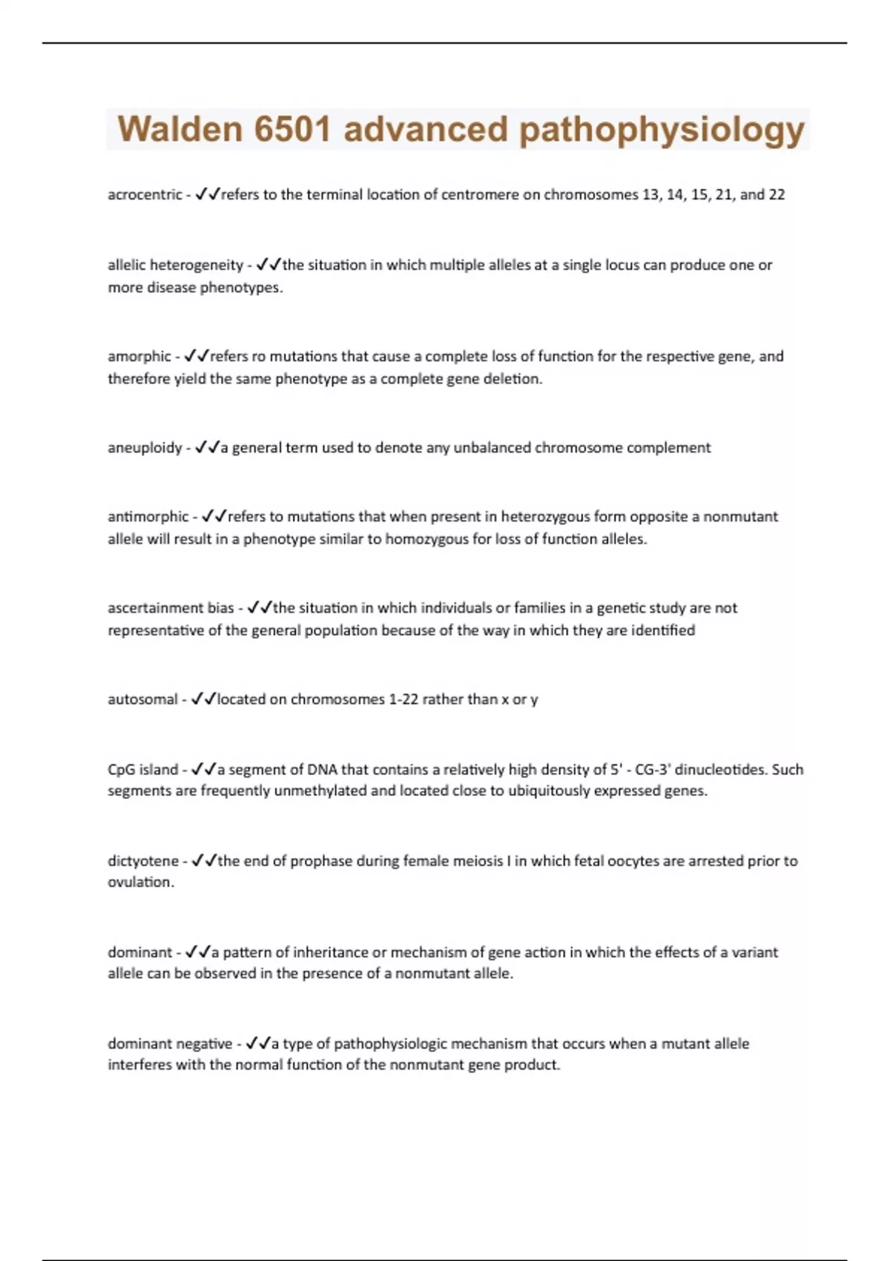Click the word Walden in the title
point(179,129)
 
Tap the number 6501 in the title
point(291,129)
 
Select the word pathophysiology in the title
point(662,131)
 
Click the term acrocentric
point(145,195)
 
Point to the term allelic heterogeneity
point(175,266)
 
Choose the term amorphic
point(139,357)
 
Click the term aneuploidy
point(145,448)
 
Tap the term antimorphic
point(148,517)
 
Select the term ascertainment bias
point(171,608)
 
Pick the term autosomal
point(143,699)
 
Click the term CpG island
point(143,770)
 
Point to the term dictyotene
point(143,861)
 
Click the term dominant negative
point(170,1044)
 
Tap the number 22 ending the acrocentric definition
point(777,195)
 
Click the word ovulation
point(140,882)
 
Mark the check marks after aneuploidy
point(207,448)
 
